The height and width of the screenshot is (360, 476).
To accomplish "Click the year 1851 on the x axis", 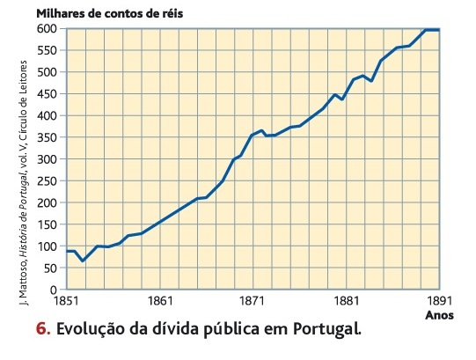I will click(67, 301).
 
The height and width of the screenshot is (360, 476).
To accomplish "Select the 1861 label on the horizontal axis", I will click(160, 301).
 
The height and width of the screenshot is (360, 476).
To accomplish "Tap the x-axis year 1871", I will click(253, 301).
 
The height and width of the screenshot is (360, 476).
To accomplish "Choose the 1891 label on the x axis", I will click(438, 301).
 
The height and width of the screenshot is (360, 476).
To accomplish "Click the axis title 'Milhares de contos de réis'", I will click(110, 14).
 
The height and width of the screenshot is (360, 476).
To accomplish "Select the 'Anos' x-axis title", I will click(439, 314).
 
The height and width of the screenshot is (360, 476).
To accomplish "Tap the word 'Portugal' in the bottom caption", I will click(327, 332).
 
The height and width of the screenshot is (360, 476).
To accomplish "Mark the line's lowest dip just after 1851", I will click(83, 261).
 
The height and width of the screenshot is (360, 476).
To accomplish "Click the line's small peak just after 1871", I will click(261, 130).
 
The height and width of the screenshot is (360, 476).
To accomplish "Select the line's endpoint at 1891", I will click(439, 30).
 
